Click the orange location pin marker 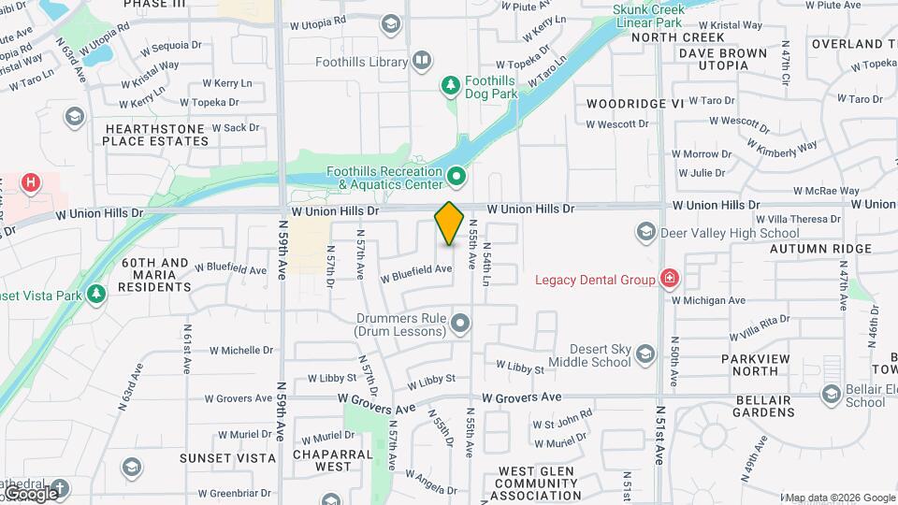450,223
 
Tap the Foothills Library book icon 422,62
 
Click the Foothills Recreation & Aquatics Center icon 456,176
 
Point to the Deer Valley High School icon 645,231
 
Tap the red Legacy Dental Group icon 669,279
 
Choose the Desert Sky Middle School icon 645,353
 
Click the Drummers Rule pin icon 459,324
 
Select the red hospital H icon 32,182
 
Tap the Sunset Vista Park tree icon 95,295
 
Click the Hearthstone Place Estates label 155,135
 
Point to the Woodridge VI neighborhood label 635,103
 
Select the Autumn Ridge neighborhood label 820,249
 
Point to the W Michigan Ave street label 708,300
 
